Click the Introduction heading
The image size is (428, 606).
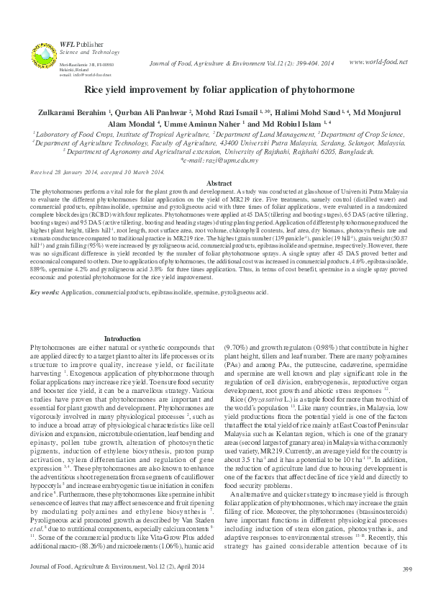coord(122,338)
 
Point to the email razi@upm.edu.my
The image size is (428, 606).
coord(214,162)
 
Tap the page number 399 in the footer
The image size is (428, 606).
coord(407,589)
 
